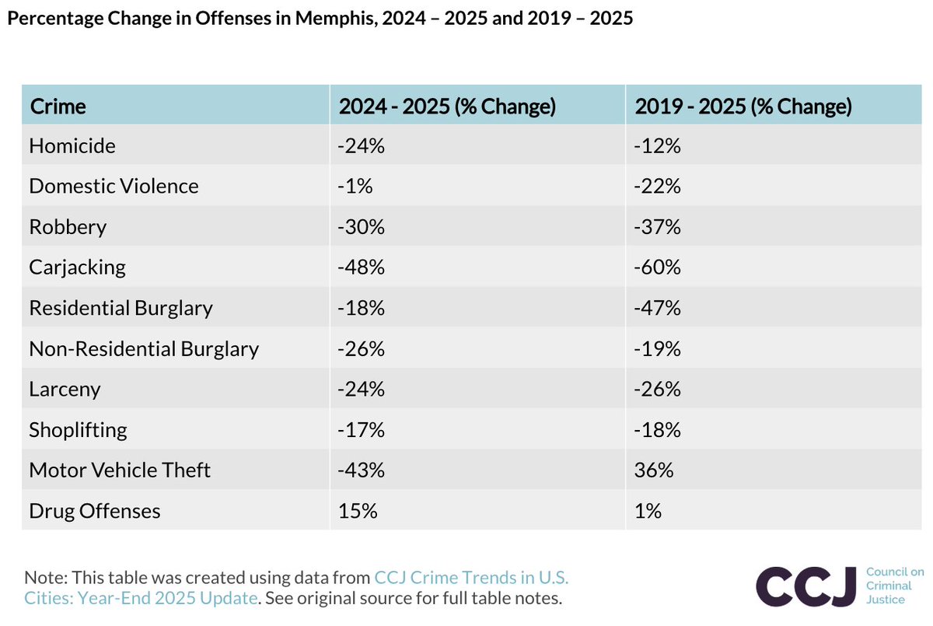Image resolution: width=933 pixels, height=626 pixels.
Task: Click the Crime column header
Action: (x=58, y=107)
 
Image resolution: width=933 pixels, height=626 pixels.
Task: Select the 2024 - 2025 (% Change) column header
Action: (x=447, y=107)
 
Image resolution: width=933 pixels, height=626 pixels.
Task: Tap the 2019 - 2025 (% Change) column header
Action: (x=743, y=107)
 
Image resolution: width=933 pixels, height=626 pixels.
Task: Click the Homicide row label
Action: (x=72, y=145)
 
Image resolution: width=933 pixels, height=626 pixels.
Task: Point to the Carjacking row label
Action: (x=77, y=268)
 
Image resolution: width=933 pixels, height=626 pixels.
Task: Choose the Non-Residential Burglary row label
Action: (x=144, y=349)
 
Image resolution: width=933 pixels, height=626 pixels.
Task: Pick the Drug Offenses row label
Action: (x=95, y=511)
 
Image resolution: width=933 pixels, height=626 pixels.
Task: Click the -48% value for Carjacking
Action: (x=361, y=267)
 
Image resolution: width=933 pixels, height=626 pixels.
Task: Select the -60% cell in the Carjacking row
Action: (x=657, y=267)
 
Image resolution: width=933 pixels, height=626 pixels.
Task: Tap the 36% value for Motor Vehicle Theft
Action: (x=654, y=470)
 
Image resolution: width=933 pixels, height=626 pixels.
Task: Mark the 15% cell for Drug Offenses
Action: (x=358, y=511)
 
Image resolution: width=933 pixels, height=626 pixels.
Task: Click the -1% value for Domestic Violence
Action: (x=355, y=186)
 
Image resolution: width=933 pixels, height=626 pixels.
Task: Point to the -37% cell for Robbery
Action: (x=657, y=227)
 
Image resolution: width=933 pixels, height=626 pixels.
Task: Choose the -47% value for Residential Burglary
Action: (x=657, y=308)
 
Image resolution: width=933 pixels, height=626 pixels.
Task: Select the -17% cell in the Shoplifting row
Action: (x=361, y=430)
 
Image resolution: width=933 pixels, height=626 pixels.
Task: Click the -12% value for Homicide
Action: (x=657, y=145)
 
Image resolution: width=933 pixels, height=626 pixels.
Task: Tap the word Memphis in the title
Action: (x=337, y=19)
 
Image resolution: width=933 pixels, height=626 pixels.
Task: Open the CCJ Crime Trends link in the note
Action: (x=296, y=588)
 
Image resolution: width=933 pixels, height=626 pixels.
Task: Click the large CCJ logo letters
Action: (x=806, y=586)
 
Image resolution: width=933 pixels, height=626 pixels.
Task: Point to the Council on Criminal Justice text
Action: (x=895, y=586)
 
